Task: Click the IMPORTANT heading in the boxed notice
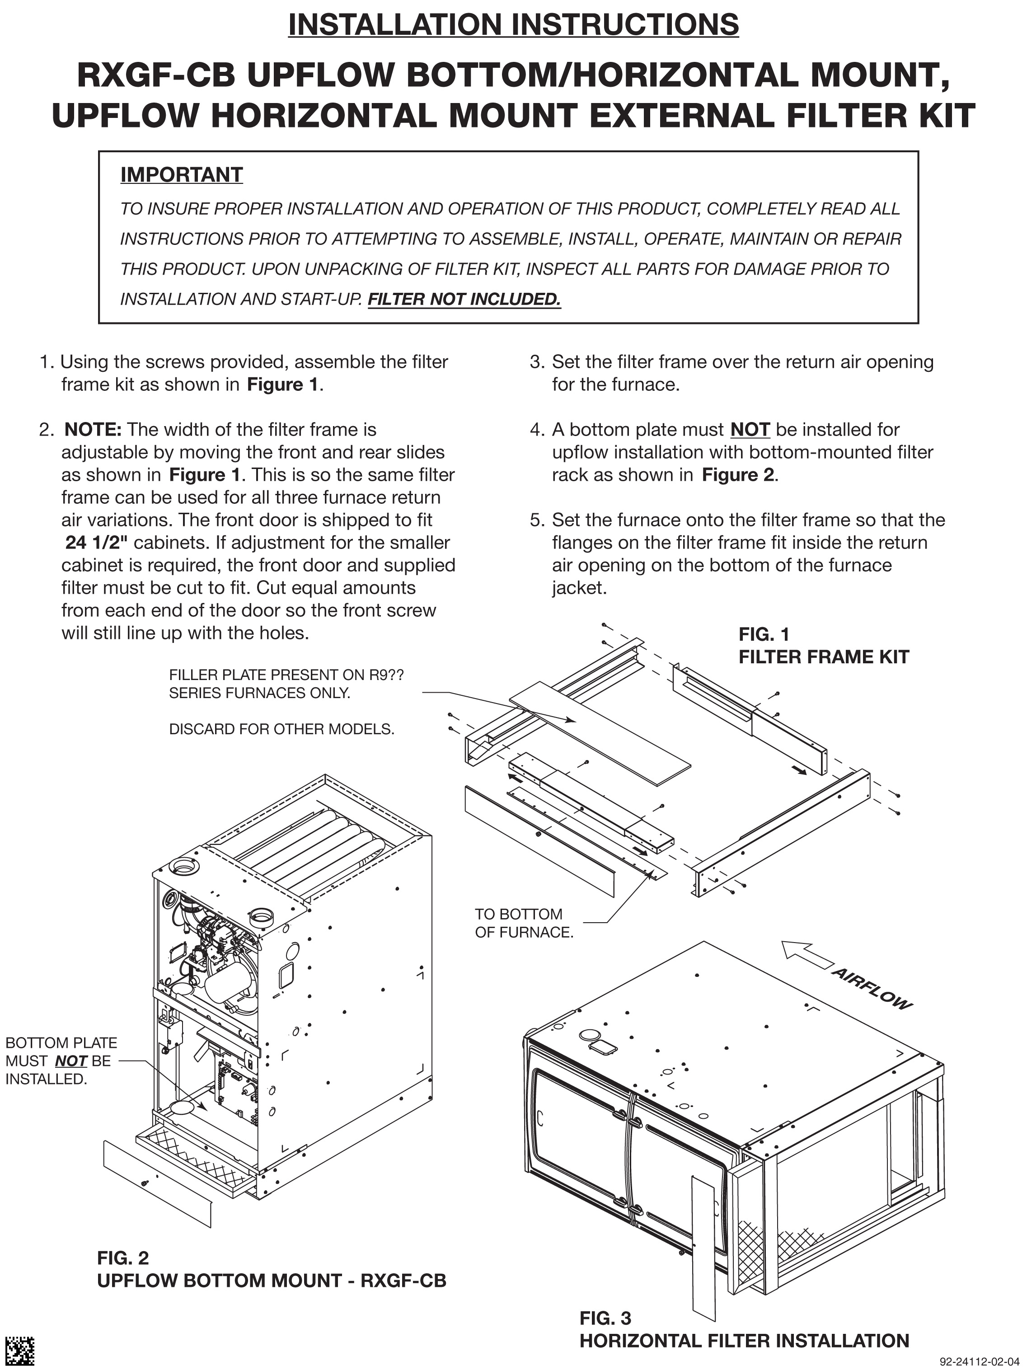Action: pos(181,175)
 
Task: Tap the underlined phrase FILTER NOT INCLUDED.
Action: pos(464,299)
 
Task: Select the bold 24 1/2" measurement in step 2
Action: pos(97,543)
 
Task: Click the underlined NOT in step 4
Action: pos(750,429)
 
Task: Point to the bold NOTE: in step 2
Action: pos(93,429)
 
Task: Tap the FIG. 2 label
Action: pos(122,1257)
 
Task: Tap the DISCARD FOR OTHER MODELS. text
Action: pos(281,729)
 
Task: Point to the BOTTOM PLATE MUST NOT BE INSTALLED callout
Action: pos(61,1060)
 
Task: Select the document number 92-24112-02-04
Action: pos(978,1361)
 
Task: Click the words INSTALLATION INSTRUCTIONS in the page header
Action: pos(513,25)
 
